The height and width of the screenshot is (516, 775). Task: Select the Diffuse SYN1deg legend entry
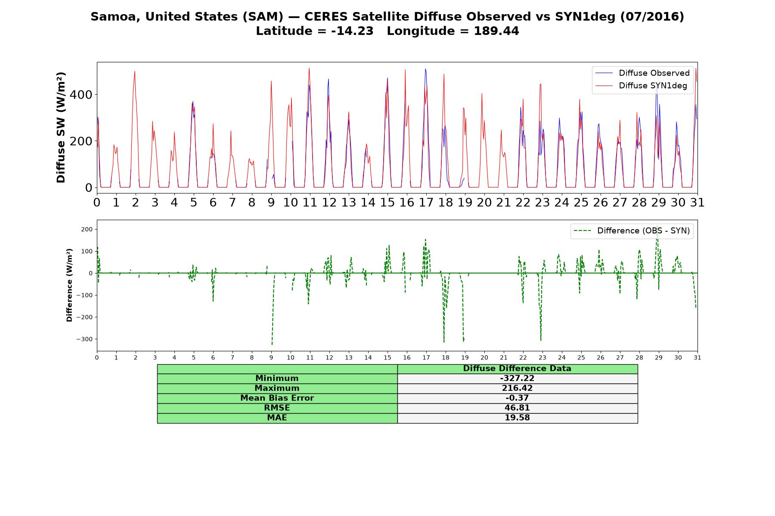641,86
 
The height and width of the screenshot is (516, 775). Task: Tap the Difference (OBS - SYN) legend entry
632,231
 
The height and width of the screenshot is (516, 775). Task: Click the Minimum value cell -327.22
517,378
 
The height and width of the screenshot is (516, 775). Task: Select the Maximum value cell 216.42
517,388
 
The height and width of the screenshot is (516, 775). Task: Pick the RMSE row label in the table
277,408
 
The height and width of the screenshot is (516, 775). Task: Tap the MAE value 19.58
517,418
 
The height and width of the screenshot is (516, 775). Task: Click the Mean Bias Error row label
277,398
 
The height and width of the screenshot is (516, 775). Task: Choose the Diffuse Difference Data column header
517,369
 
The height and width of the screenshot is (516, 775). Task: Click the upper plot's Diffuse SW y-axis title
61,128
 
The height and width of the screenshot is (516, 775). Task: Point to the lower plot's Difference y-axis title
69,285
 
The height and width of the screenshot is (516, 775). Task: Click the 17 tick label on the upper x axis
426,203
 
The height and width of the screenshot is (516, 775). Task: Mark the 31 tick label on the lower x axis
697,358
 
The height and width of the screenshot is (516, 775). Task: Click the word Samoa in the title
115,17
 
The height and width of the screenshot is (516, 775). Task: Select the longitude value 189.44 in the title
496,31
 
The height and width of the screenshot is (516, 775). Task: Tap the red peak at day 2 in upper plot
135,71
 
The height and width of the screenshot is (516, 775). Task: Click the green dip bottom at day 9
272,344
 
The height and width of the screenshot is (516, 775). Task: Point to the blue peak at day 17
425,69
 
